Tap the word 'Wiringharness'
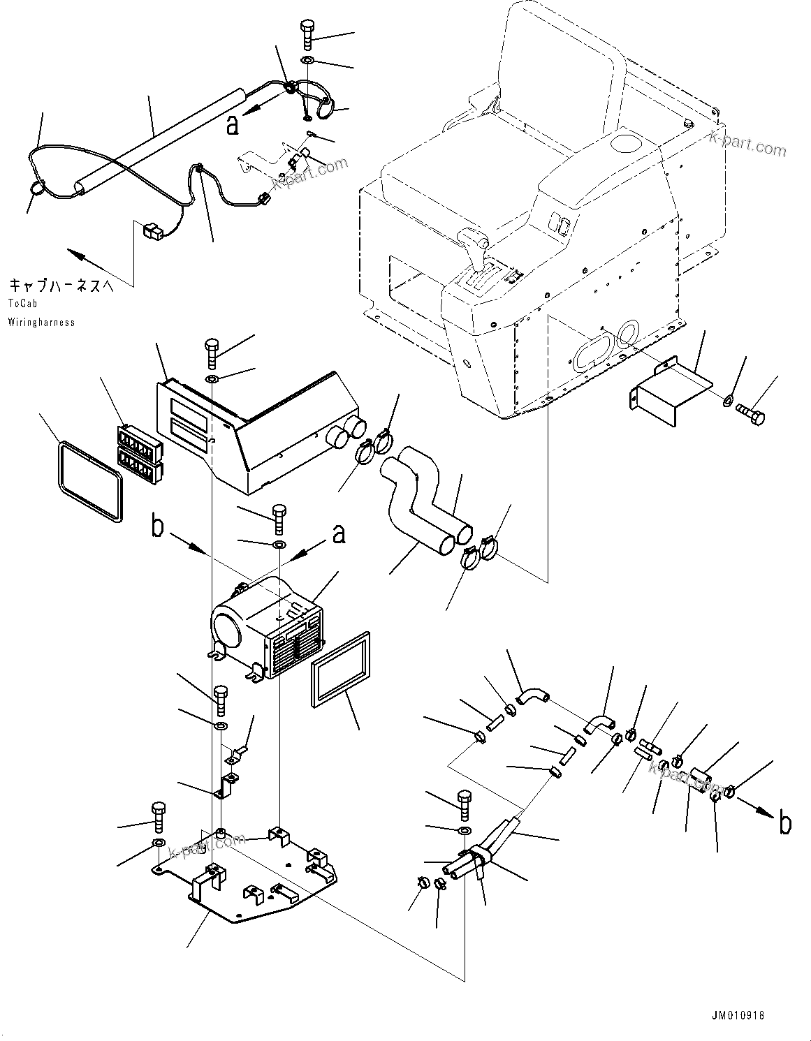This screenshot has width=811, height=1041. [41, 322]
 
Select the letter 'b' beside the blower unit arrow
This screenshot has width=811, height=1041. [159, 528]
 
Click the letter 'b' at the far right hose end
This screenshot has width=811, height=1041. [785, 825]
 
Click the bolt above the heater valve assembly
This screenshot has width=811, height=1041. [464, 804]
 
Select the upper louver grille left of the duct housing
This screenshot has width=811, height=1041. [136, 441]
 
